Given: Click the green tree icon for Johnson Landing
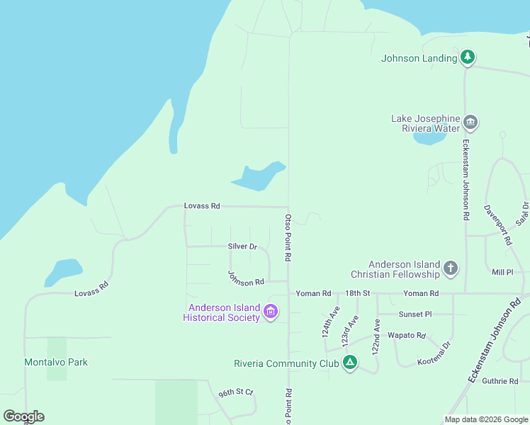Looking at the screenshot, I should [467, 57].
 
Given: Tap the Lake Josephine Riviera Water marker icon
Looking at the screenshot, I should [470, 123].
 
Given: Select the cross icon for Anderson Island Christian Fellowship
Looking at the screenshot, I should [450, 268].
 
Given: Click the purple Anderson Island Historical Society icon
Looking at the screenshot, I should [270, 311].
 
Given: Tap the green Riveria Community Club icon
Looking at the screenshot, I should [349, 363].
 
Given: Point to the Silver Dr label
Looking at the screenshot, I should [242, 246].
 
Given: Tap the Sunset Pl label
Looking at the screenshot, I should [415, 314].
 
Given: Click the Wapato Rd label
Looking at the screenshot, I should [411, 335].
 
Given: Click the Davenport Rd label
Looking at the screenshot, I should [498, 225].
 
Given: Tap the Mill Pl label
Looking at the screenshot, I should [502, 272].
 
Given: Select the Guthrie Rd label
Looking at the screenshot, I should [500, 381].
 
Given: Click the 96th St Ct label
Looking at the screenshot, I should [235, 392].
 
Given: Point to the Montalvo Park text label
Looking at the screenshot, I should [56, 362].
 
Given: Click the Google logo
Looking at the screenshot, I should [23, 416].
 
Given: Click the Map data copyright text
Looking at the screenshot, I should [485, 419].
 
